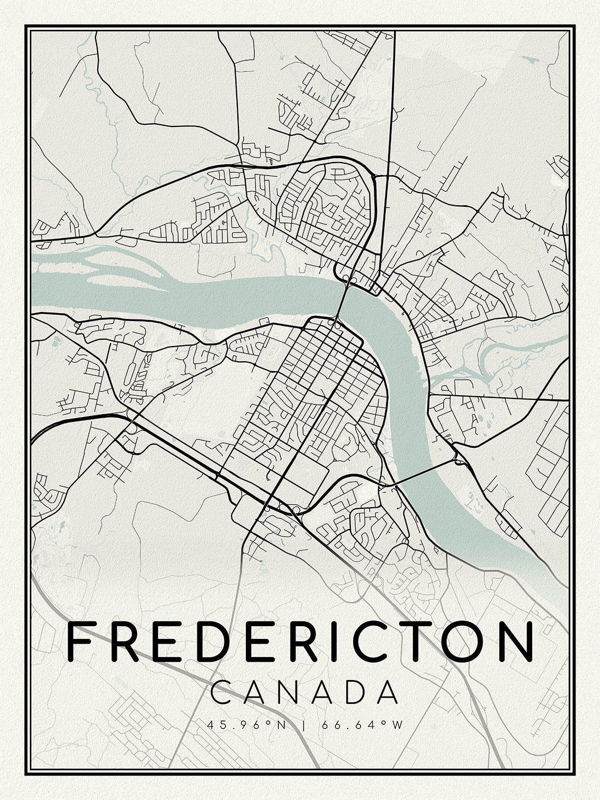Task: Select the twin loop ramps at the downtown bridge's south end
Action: [334, 322]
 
